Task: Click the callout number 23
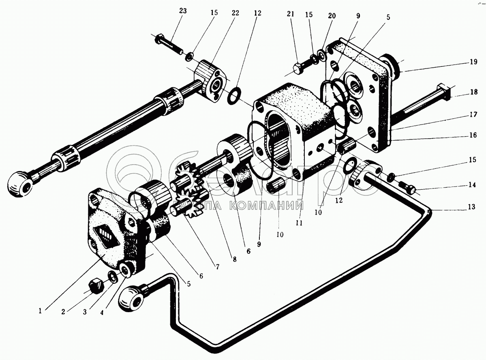click(x=183, y=11)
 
